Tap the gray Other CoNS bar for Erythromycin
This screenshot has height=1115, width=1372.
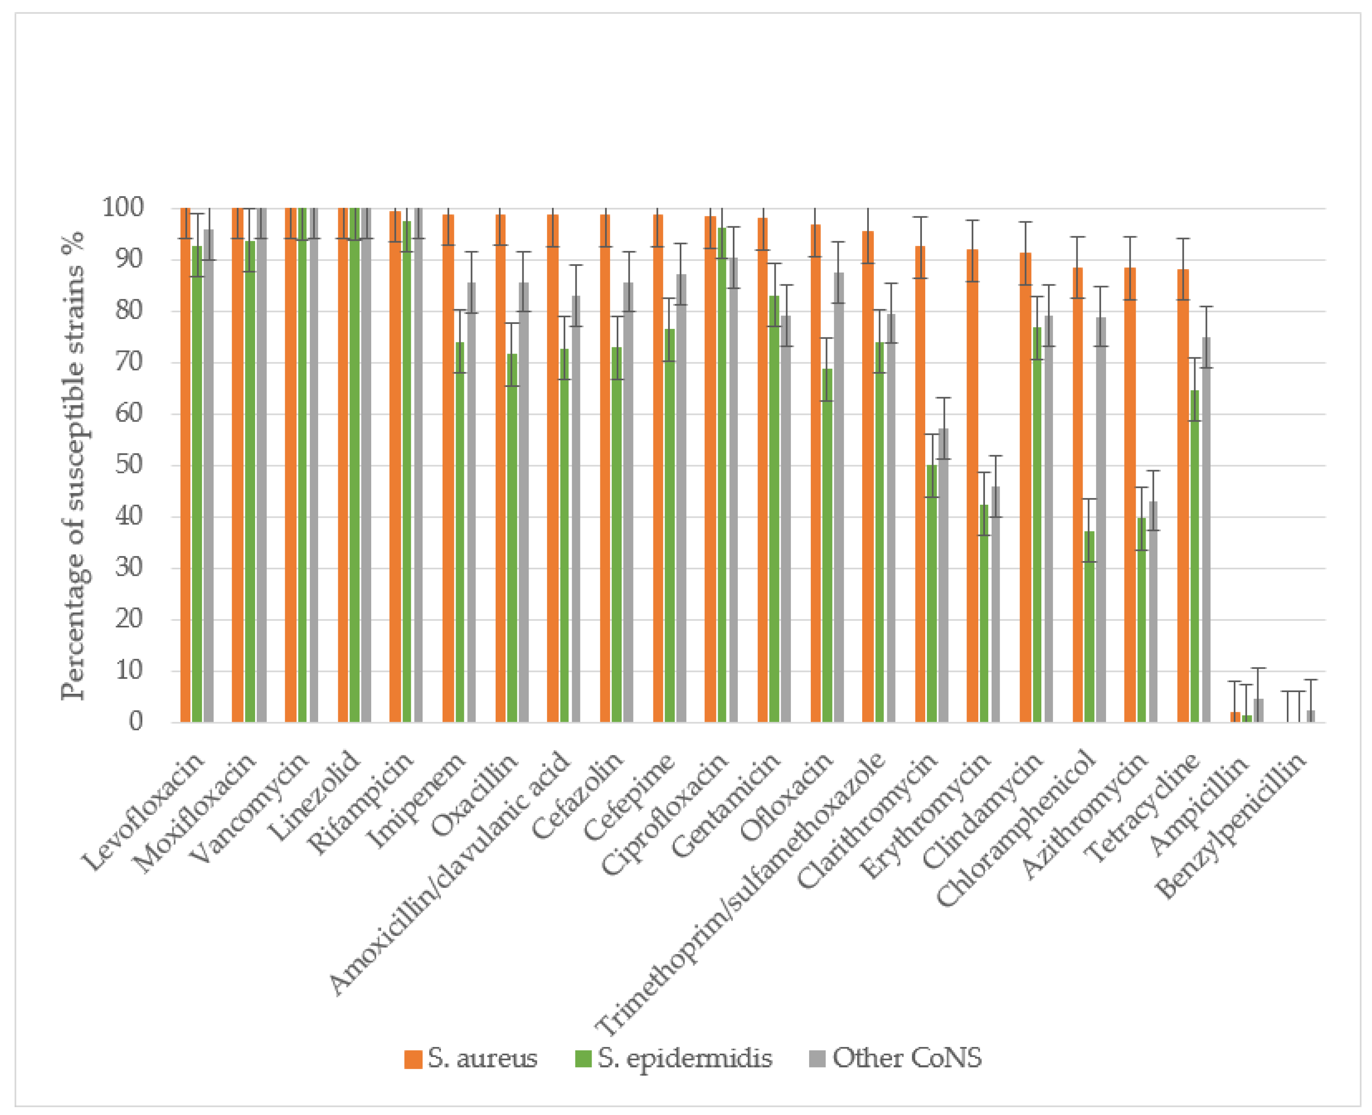996,604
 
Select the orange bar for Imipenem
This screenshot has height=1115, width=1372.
448,469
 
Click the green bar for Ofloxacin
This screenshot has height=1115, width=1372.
827,546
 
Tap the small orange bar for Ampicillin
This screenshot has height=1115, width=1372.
1235,717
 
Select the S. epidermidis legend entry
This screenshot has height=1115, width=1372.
674,1058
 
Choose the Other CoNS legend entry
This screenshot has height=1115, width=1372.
896,1058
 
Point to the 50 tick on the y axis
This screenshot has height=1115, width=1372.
129,465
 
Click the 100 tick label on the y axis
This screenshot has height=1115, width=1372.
123,207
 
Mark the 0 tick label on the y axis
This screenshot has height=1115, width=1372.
135,722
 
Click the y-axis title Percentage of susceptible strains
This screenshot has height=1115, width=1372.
73,465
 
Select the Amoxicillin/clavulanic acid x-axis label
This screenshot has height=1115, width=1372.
450,873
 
